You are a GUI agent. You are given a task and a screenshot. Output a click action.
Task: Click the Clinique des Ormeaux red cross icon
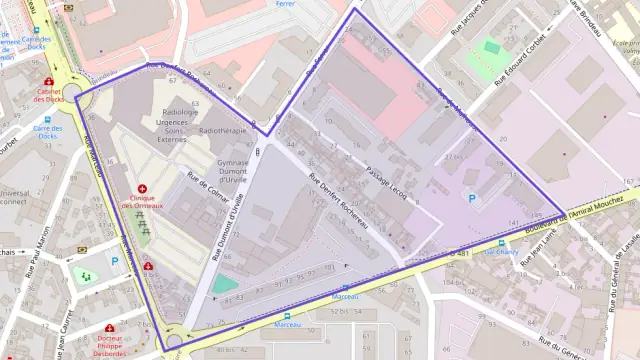pos(142,188)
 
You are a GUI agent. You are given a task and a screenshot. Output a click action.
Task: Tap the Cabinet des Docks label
pos(48,96)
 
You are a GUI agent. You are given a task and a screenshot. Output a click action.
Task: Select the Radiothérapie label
pos(223,130)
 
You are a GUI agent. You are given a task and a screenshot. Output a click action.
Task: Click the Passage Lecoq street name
pos(384,180)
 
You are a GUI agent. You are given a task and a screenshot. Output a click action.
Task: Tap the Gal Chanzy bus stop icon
pos(501,243)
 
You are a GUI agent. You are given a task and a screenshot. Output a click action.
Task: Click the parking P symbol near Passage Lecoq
pos(473,199)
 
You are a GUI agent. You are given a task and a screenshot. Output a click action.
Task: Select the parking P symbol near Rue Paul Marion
pos(115,261)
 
